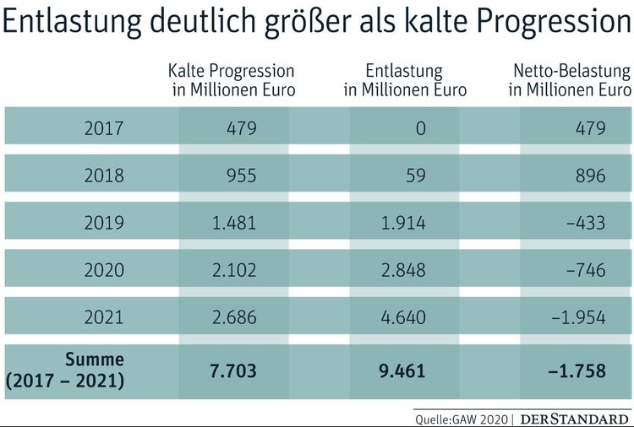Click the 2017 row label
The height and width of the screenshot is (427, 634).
[104, 128]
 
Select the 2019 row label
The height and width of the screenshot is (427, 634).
[104, 223]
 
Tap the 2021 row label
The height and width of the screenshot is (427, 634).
[104, 317]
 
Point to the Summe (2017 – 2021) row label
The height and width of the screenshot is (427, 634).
[65, 370]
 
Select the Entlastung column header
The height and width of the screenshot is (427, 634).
[405, 80]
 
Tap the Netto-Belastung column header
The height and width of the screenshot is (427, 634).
[570, 80]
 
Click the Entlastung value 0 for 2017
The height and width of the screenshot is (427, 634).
[420, 128]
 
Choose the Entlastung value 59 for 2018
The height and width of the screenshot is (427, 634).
[415, 176]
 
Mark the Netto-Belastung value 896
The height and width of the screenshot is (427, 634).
[589, 176]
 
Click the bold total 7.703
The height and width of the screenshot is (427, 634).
[232, 370]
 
